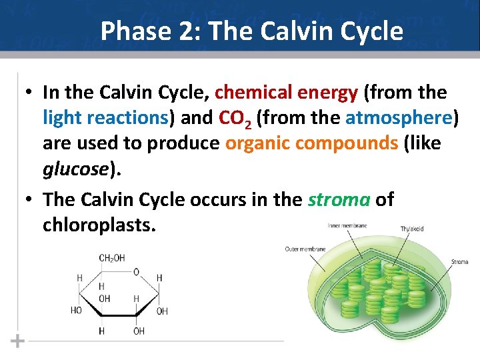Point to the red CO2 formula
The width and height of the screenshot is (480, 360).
tap(234, 119)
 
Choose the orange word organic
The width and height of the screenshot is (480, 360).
tap(256, 144)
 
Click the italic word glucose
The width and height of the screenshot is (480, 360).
tap(74, 169)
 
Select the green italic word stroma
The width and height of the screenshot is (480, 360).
tap(338, 199)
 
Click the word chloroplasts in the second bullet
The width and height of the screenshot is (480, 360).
tap(99, 225)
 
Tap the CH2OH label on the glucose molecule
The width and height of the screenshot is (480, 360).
tap(111, 258)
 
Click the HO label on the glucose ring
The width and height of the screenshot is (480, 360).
tap(77, 311)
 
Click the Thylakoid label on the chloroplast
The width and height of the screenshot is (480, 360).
tap(411, 229)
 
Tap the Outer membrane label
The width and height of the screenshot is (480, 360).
tap(305, 249)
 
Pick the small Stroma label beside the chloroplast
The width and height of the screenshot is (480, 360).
tap(459, 262)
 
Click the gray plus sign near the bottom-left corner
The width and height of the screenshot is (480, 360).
tap(18, 341)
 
